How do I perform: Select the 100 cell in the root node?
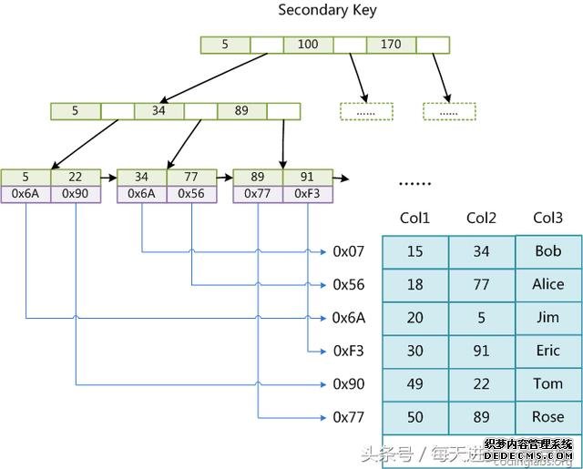coord(307,44)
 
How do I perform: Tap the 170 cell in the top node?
coord(391,44)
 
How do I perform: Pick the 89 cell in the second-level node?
coord(241,111)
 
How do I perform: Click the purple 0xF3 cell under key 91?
coord(308,193)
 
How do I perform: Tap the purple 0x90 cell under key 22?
coord(75,193)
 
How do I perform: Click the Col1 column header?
coord(414,219)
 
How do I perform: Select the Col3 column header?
coord(547,219)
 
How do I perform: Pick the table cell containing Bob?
coord(547,250)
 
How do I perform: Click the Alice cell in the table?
coord(547,284)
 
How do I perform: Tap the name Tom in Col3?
coord(547,383)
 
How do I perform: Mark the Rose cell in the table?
coord(547,417)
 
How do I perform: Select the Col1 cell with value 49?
coord(414,384)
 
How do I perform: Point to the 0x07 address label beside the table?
coord(349,251)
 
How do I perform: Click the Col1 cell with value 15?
coord(414,251)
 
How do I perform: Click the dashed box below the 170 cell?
coord(449,111)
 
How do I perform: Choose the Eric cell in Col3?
coord(547,351)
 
